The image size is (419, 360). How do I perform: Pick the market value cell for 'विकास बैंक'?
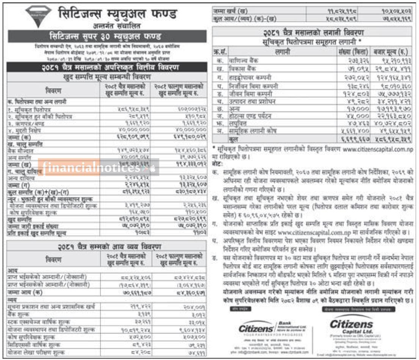pos(391,69)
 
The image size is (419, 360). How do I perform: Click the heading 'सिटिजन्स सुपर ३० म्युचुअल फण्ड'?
pos(106,36)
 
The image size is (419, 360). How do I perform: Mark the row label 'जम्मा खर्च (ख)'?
pos(232,12)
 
